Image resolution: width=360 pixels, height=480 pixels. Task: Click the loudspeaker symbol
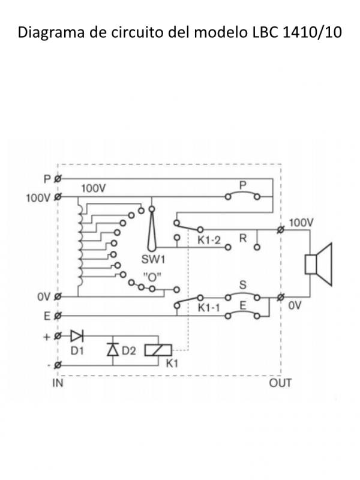pyautogui.click(x=319, y=265)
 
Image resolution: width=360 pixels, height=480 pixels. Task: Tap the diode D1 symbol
pyautogui.click(x=77, y=336)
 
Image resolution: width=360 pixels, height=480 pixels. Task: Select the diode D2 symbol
pyautogui.click(x=113, y=350)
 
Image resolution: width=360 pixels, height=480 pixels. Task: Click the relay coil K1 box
pyautogui.click(x=158, y=350)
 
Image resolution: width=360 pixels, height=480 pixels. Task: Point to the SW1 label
pyautogui.click(x=153, y=260)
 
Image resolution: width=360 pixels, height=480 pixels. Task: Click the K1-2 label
pyautogui.click(x=209, y=240)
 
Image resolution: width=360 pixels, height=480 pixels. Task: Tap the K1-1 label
pyautogui.click(x=209, y=308)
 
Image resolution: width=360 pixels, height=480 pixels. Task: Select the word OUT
pyautogui.click(x=280, y=383)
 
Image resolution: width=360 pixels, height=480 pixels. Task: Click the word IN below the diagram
pyautogui.click(x=58, y=383)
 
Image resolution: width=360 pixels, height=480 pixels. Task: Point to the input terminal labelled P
pyautogui.click(x=58, y=179)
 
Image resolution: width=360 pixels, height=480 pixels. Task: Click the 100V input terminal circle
pyautogui.click(x=58, y=197)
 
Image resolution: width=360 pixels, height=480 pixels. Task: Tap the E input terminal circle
pyautogui.click(x=58, y=316)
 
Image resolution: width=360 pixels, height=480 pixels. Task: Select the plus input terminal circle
pyautogui.click(x=58, y=336)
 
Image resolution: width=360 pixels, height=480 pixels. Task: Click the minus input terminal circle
pyautogui.click(x=58, y=365)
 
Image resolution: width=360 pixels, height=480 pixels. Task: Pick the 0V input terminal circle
pyautogui.click(x=58, y=296)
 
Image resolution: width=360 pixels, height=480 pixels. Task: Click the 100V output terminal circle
pyautogui.click(x=280, y=229)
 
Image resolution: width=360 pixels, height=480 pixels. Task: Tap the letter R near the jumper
pyautogui.click(x=243, y=238)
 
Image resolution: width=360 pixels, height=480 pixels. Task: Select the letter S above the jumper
pyautogui.click(x=242, y=285)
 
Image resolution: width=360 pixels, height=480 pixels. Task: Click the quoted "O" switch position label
pyautogui.click(x=152, y=277)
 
